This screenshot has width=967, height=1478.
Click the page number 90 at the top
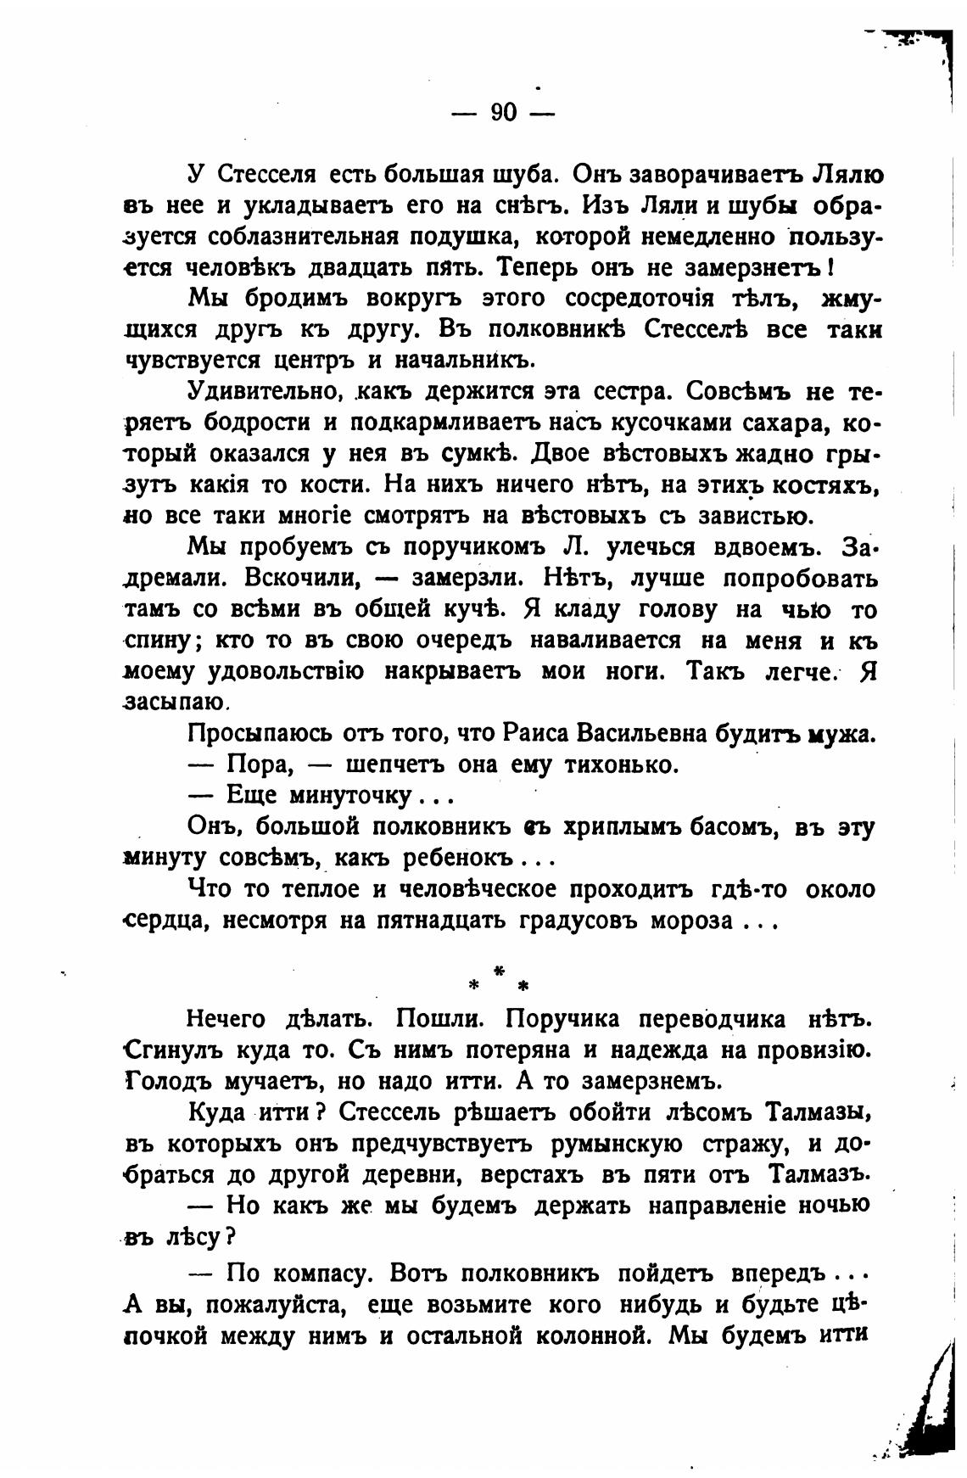click(x=503, y=113)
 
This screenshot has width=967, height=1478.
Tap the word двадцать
click(x=367, y=268)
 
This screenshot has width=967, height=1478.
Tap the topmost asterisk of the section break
click(x=500, y=969)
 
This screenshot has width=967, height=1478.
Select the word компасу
click(x=321, y=1274)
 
